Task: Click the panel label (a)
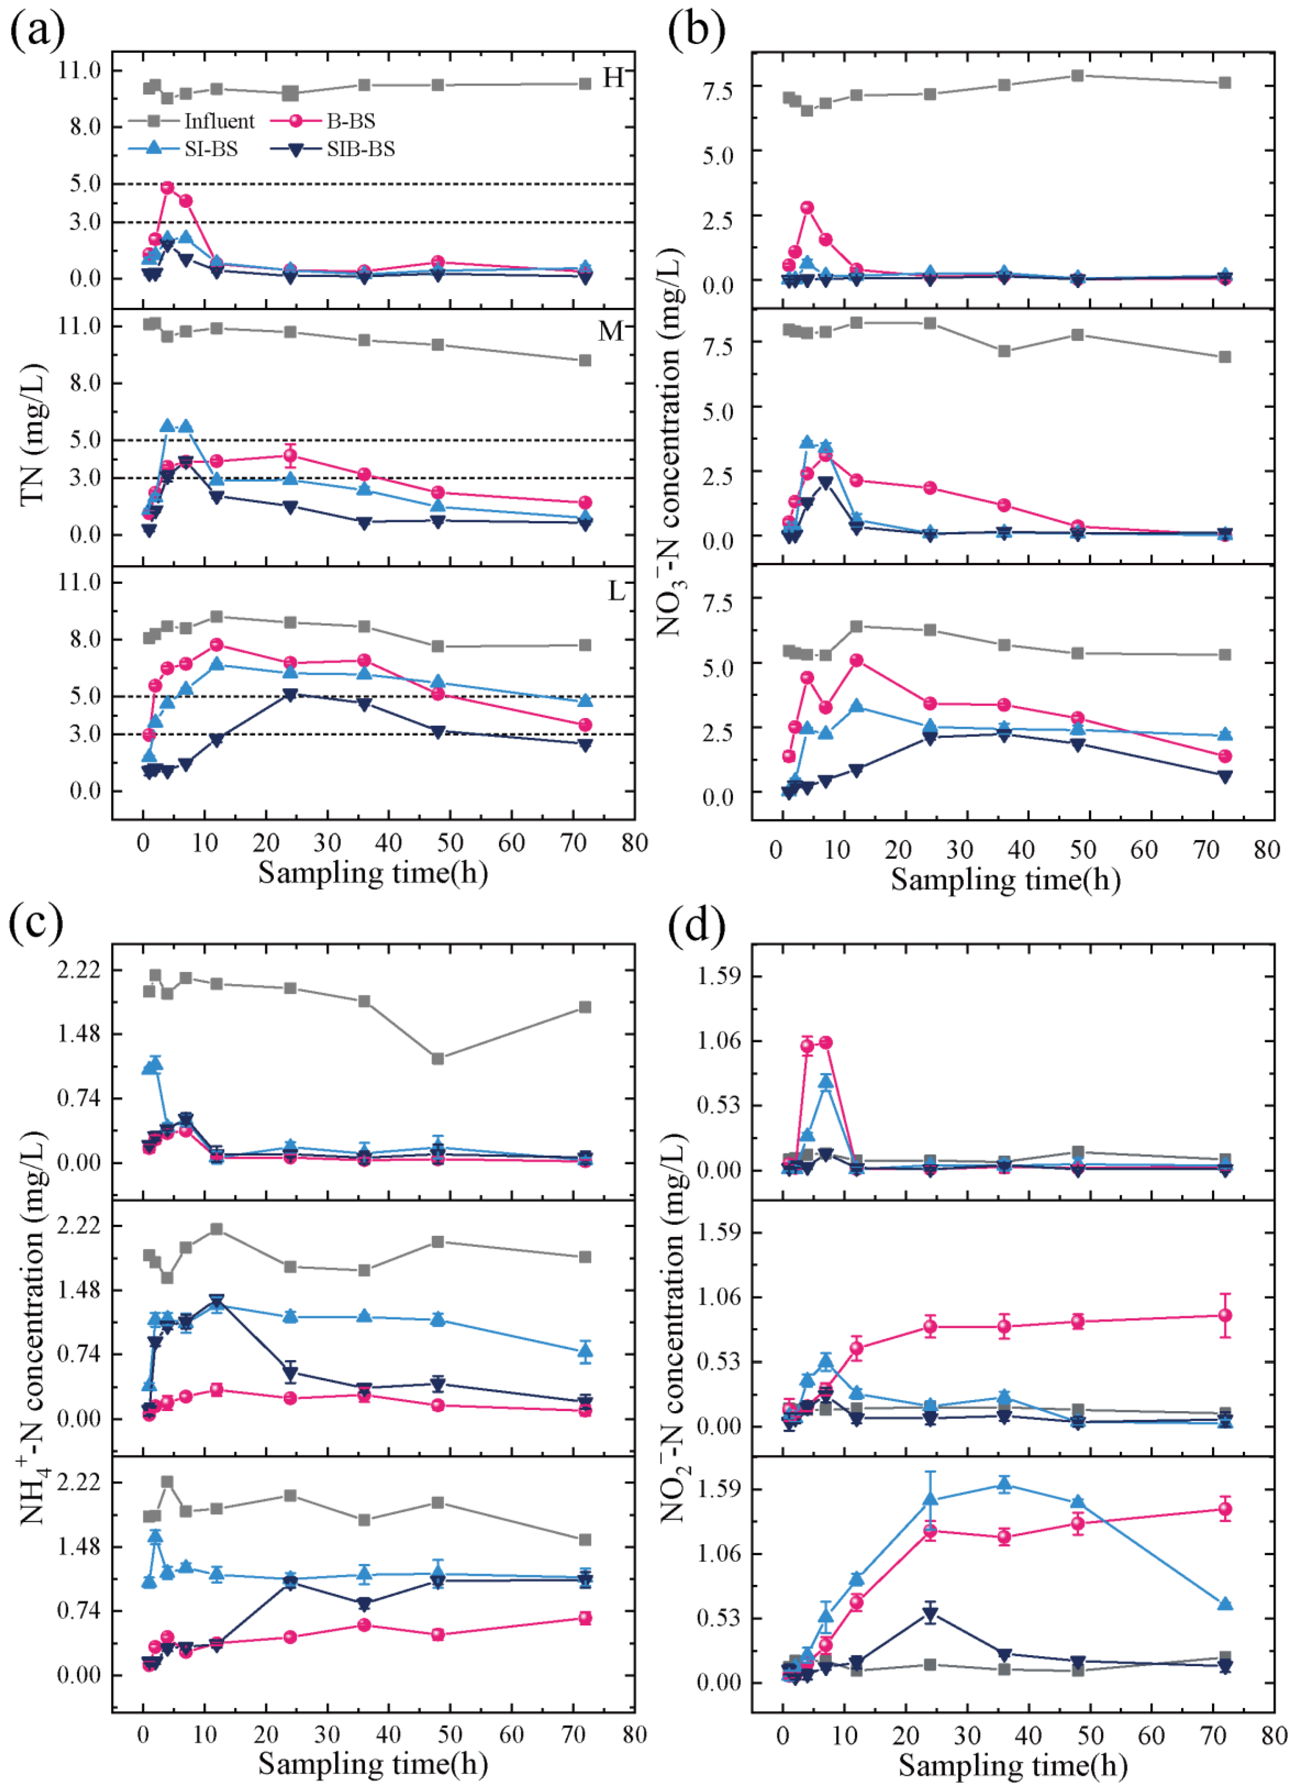point(36,30)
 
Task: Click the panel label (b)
point(696,30)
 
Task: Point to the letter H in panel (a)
point(613,78)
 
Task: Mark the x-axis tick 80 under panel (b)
point(1266,850)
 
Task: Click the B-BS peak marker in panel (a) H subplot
point(167,188)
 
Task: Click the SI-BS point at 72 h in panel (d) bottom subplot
point(1225,1598)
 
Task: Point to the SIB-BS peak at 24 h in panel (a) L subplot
point(290,695)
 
